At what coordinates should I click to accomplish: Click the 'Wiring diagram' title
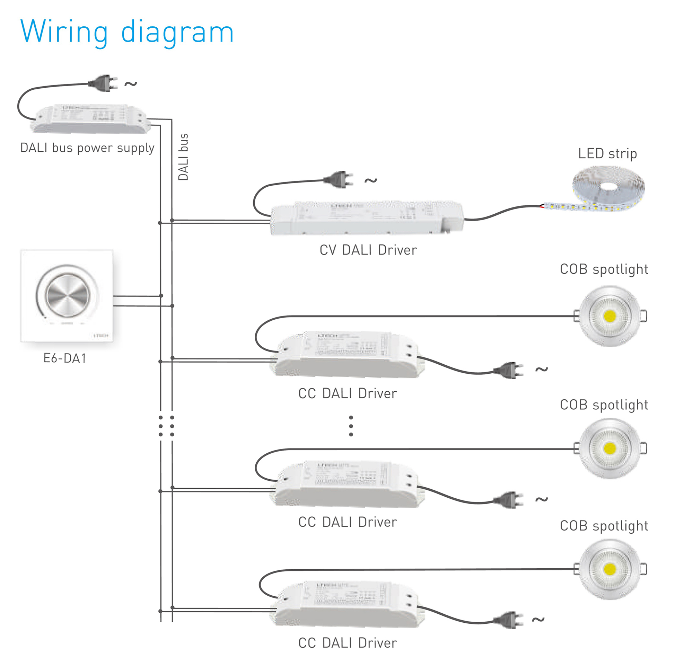pyautogui.click(x=127, y=32)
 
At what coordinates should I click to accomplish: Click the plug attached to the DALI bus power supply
pyautogui.click(x=103, y=83)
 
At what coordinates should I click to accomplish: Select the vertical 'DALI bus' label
pyautogui.click(x=184, y=157)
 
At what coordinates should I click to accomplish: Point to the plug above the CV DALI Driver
pyautogui.click(x=338, y=180)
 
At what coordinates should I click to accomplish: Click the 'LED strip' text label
pyautogui.click(x=607, y=154)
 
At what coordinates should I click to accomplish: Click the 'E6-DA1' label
pyautogui.click(x=64, y=358)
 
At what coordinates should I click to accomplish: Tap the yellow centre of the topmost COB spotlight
pyautogui.click(x=610, y=316)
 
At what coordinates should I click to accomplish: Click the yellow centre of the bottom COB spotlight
pyautogui.click(x=610, y=569)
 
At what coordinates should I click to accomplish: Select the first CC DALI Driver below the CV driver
pyautogui.click(x=348, y=354)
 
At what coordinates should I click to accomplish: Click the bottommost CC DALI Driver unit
pyautogui.click(x=348, y=605)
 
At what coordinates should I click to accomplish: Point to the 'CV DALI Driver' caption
pyautogui.click(x=368, y=250)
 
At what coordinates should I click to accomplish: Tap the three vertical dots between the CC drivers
pyautogui.click(x=351, y=426)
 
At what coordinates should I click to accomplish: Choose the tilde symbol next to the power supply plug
pyautogui.click(x=131, y=84)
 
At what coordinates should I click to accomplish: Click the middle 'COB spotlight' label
pyautogui.click(x=604, y=405)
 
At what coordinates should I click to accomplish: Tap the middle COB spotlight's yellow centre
pyautogui.click(x=610, y=448)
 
